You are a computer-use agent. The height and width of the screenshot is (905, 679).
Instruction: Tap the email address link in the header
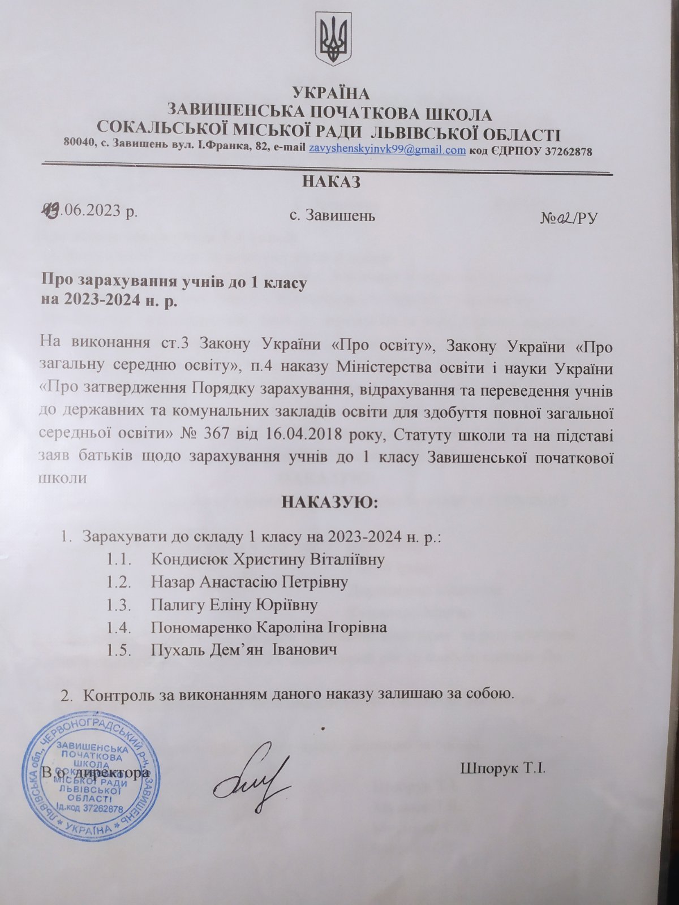pyautogui.click(x=387, y=151)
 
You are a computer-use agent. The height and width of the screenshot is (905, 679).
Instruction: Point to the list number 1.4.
pyautogui.click(x=118, y=627)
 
